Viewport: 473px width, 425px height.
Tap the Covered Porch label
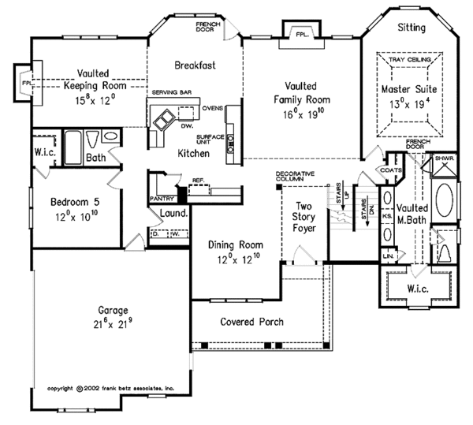(251, 322)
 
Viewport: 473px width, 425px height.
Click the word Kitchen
(192, 152)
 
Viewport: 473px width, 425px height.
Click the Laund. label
(173, 213)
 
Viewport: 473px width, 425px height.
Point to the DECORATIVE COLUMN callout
(296, 177)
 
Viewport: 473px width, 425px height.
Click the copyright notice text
(115, 388)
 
